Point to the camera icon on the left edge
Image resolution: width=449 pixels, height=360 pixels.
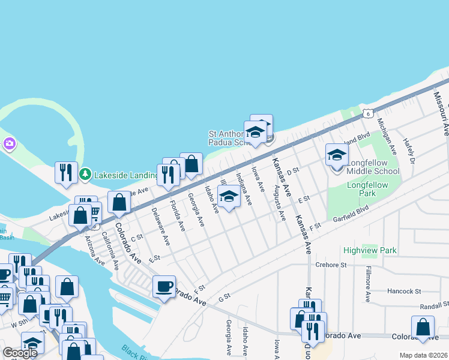8,143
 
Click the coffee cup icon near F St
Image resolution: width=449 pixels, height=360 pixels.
164,286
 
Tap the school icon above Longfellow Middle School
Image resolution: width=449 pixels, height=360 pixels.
337,154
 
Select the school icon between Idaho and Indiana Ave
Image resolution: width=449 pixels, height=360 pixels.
229,197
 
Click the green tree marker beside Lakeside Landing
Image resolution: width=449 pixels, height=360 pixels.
85,174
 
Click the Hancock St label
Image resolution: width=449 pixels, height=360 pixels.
405,291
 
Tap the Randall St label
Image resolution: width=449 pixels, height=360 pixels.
435,305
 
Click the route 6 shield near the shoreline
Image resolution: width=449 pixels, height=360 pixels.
368,113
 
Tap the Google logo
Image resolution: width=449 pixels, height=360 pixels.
20,353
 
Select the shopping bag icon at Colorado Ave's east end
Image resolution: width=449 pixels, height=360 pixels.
423,327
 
